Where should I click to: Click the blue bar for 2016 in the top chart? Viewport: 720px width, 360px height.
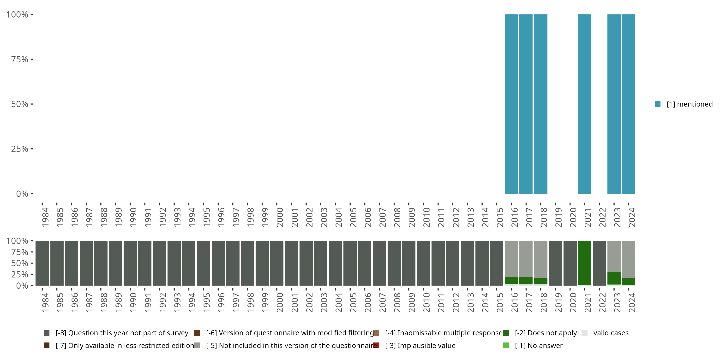511,104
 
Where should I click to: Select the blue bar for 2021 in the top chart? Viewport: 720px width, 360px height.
584,104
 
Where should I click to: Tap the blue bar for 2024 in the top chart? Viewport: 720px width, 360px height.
629,104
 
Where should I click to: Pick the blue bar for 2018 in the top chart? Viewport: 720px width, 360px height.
540,104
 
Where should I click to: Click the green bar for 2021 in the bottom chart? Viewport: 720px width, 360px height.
584,263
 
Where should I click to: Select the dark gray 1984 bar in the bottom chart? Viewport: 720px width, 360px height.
42,263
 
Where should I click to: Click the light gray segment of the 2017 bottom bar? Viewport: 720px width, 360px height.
526,258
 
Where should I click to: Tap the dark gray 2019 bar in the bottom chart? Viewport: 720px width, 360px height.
555,263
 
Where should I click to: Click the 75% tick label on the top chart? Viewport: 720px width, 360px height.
20,60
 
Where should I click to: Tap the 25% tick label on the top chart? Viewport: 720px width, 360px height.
20,149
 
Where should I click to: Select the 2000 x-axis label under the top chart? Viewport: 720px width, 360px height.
280,217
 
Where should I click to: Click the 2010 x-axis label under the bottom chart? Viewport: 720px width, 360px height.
426,303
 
